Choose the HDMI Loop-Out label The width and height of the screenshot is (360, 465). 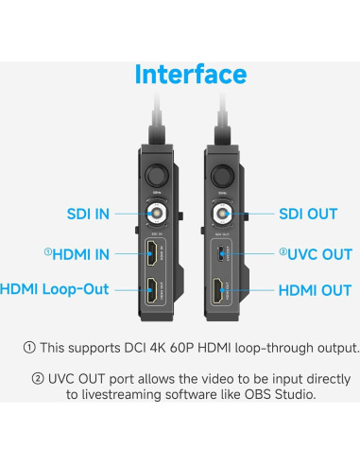click(x=56, y=290)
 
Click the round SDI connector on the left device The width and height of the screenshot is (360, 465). click(x=152, y=214)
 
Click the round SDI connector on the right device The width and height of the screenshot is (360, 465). click(x=223, y=214)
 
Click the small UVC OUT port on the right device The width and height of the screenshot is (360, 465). click(x=223, y=252)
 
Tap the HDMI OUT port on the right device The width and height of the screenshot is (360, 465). click(x=223, y=291)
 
